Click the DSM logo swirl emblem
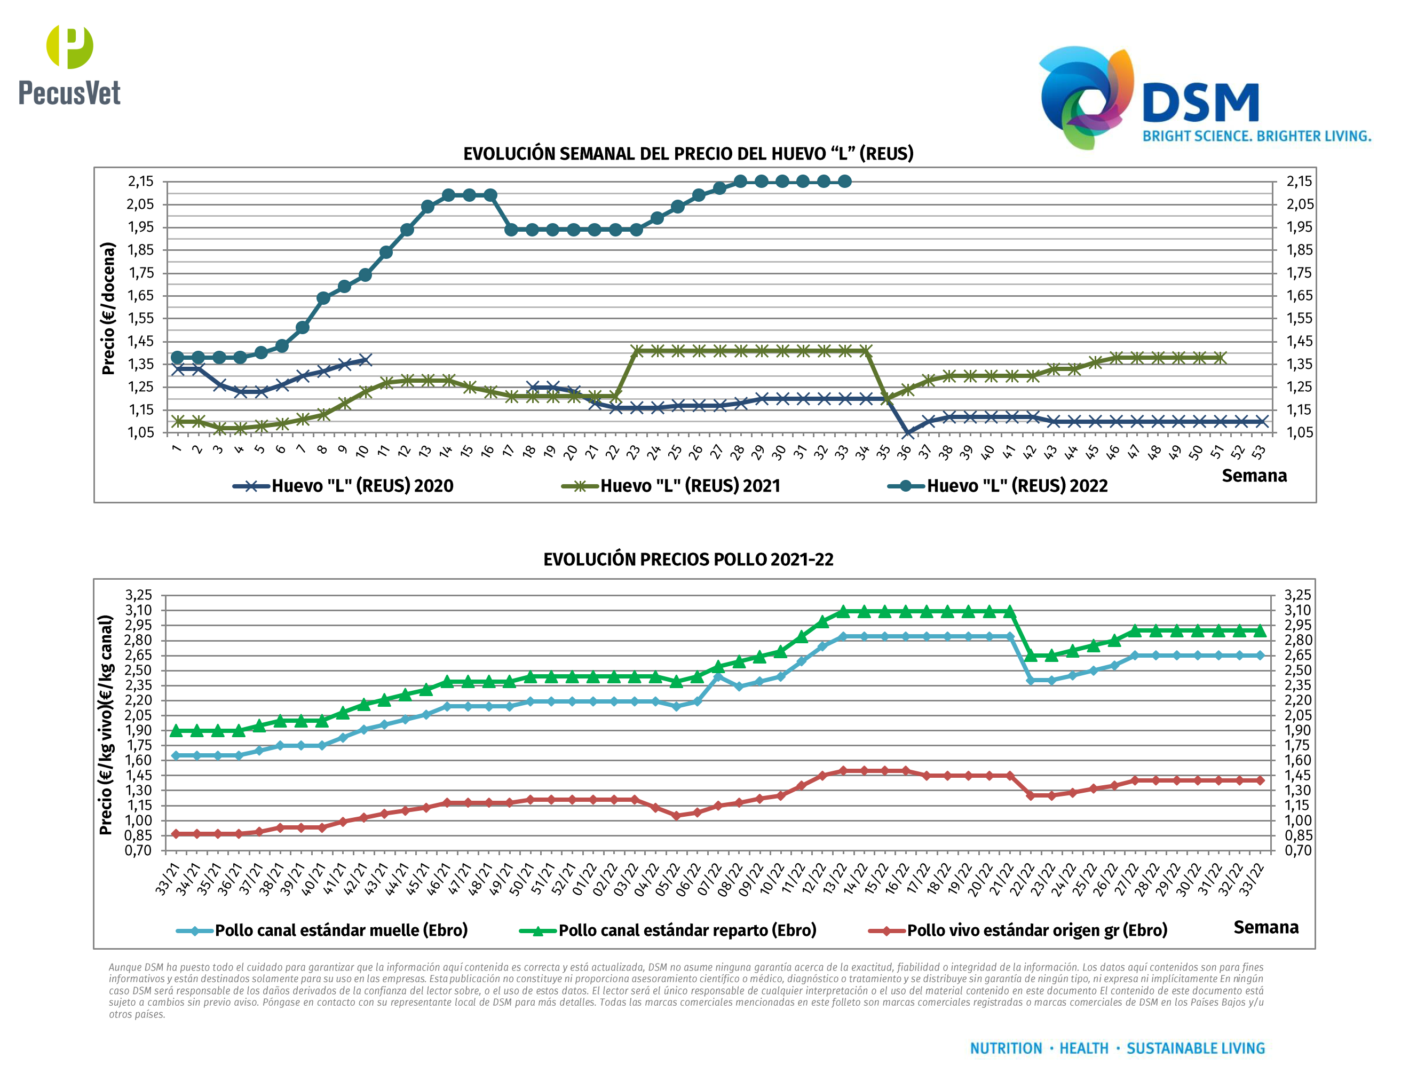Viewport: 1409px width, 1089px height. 1085,96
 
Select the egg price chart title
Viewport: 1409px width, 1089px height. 688,154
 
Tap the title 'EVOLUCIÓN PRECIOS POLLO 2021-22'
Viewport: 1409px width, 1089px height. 688,559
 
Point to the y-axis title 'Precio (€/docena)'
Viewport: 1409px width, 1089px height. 108,309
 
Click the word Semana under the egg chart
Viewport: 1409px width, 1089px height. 1254,476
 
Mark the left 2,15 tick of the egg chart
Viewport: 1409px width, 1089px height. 141,181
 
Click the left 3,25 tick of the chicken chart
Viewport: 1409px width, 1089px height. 139,595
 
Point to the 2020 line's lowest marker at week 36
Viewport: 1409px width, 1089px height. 907,433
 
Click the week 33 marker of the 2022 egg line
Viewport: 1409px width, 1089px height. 844,181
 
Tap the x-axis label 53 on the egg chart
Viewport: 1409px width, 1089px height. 1258,452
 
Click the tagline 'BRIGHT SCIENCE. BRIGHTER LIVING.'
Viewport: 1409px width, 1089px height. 1256,136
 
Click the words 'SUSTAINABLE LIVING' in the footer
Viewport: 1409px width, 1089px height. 1195,1048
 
